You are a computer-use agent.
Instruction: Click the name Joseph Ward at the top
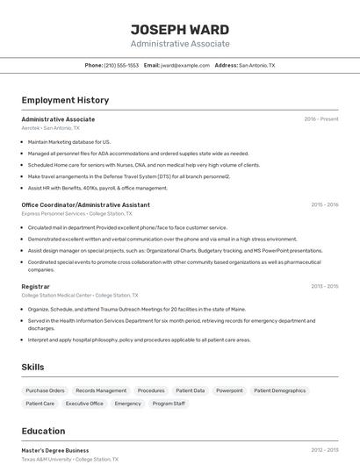[x=180, y=29]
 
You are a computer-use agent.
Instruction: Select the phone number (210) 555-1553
[x=121, y=65]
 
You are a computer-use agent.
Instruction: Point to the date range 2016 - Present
[x=321, y=119]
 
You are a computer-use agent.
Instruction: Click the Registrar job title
[x=36, y=286]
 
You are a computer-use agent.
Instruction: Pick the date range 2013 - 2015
[x=325, y=286]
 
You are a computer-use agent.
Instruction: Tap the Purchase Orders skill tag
[x=45, y=390]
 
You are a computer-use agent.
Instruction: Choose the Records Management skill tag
[x=101, y=390]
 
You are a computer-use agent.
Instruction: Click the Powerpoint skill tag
[x=229, y=390]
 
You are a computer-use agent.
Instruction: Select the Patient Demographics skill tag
[x=280, y=390]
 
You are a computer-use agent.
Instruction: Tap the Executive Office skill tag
[x=84, y=404]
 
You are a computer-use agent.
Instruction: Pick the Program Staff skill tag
[x=169, y=404]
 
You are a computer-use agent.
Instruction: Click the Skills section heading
[x=33, y=366]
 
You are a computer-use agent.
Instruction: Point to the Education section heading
[x=43, y=431]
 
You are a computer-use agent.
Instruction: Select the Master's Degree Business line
[x=55, y=450]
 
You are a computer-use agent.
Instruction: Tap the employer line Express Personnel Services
[x=76, y=213]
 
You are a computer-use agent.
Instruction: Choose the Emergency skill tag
[x=127, y=404]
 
